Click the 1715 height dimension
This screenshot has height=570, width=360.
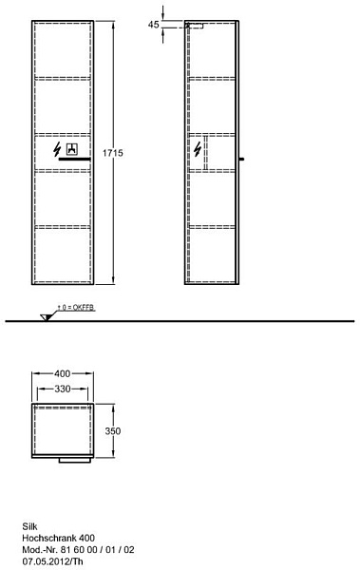pyautogui.click(x=112, y=153)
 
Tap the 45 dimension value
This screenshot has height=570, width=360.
pyautogui.click(x=154, y=25)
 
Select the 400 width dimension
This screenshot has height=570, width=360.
pyautogui.click(x=62, y=373)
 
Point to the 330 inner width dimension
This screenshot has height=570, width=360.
pyautogui.click(x=63, y=389)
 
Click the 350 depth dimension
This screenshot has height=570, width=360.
pyautogui.click(x=113, y=430)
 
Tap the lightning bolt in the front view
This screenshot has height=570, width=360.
pyautogui.click(x=57, y=149)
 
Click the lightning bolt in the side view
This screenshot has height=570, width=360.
pyautogui.click(x=198, y=149)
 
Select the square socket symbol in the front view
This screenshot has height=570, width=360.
pyautogui.click(x=72, y=149)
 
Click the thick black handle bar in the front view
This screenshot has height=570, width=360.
pyautogui.click(x=74, y=160)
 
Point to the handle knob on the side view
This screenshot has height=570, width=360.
pyautogui.click(x=242, y=159)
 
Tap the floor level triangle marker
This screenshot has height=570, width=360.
pyautogui.click(x=46, y=317)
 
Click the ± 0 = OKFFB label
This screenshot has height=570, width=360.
pyautogui.click(x=76, y=308)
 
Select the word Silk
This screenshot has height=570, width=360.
pyautogui.click(x=29, y=526)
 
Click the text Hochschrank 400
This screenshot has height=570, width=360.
pyautogui.click(x=59, y=538)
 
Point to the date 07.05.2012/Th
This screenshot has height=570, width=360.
pyautogui.click(x=53, y=561)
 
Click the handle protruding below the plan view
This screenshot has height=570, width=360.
pyautogui.click(x=74, y=460)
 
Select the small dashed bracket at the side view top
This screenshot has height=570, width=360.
pyautogui.click(x=195, y=26)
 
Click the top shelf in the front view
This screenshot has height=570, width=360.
pyautogui.click(x=63, y=78)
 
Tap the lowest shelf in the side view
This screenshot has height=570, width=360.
pyautogui.click(x=212, y=227)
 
